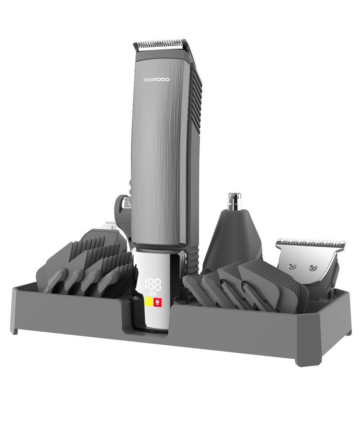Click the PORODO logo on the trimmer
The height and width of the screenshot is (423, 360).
pyautogui.click(x=157, y=80)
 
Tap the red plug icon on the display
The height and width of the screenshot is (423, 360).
pyautogui.click(x=157, y=302)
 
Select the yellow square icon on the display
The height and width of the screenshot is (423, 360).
pyautogui.click(x=148, y=302)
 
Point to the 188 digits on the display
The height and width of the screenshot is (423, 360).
pyautogui.click(x=153, y=285)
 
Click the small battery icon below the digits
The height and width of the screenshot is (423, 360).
pyautogui.click(x=153, y=294)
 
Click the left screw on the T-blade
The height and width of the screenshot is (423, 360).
pyautogui.click(x=292, y=266)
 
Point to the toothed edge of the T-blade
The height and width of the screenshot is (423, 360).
pyautogui.click(x=310, y=242)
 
